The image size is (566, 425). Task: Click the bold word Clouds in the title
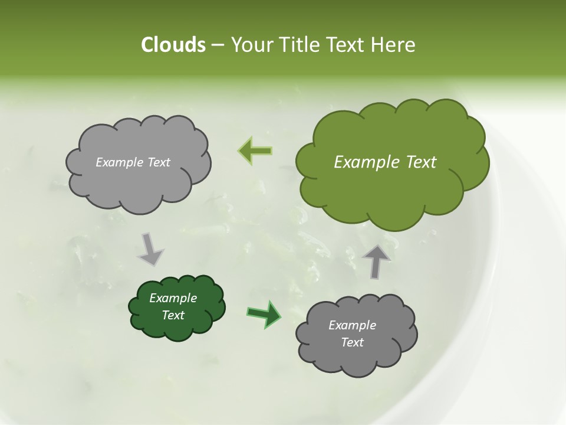pyautogui.click(x=173, y=45)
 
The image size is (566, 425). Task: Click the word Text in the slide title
pyautogui.click(x=346, y=45)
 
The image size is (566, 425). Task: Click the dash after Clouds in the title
pyautogui.click(x=218, y=45)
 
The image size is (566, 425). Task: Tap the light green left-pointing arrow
pyautogui.click(x=255, y=151)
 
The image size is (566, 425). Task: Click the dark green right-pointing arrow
pyautogui.click(x=264, y=314)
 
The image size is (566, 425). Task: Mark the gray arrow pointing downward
pyautogui.click(x=150, y=249)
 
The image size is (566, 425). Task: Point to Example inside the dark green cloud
pyautogui.click(x=173, y=298)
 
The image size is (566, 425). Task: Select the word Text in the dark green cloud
pyautogui.click(x=173, y=315)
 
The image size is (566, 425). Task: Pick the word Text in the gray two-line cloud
pyautogui.click(x=352, y=342)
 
